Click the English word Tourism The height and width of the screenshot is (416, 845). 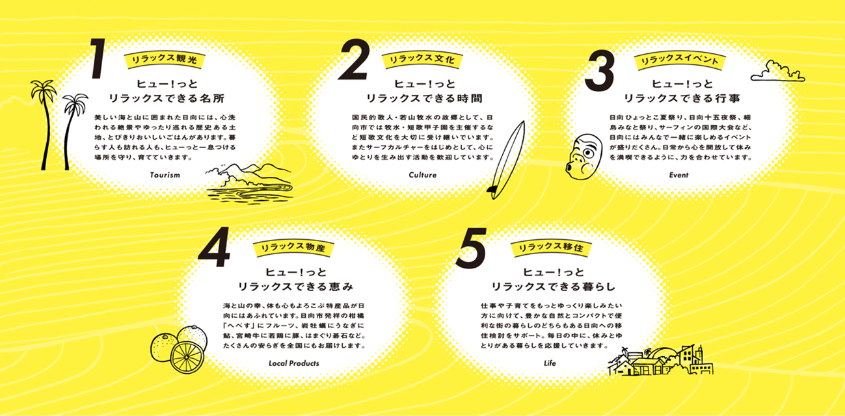165,175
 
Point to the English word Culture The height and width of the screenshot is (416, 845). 423,175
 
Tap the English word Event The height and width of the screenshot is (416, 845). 678,175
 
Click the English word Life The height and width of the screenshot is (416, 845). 550,363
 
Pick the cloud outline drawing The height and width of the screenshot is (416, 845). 777,71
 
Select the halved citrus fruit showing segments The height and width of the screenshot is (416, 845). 187,357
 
